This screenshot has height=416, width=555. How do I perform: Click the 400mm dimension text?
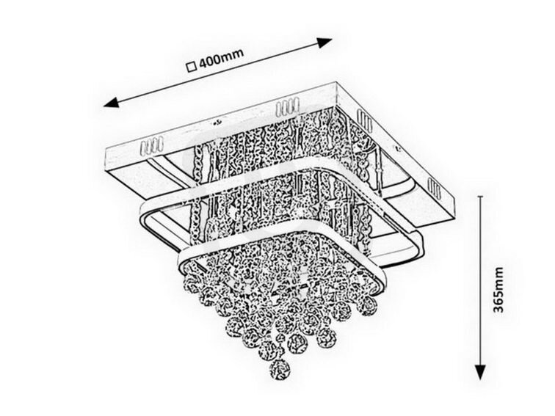[x=222, y=59]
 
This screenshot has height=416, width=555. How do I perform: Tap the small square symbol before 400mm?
[x=192, y=67]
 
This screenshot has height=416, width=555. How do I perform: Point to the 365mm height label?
[x=498, y=290]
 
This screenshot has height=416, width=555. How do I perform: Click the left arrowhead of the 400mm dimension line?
[x=110, y=103]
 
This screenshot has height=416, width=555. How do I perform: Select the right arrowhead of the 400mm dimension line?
[x=324, y=43]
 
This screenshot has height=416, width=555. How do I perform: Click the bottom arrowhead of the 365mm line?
[x=480, y=372]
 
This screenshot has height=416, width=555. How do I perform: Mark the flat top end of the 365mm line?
[x=480, y=196]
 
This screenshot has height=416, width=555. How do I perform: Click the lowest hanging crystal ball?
[x=280, y=370]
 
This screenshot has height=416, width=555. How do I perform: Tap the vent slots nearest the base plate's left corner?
[x=151, y=146]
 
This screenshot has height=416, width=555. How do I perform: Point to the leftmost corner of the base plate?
[x=107, y=150]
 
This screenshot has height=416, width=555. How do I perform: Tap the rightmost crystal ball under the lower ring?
[x=367, y=305]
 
